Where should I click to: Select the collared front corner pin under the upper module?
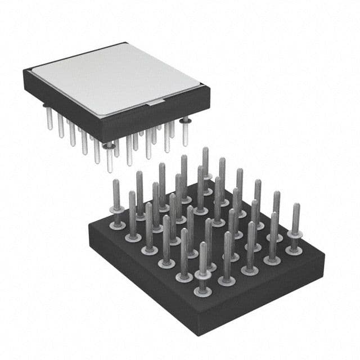[x=109, y=155]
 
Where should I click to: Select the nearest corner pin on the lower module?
[x=202, y=270]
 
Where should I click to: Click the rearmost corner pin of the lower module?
[x=205, y=163]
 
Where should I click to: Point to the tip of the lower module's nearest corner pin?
[x=203, y=245]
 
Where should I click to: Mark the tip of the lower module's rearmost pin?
[x=205, y=150]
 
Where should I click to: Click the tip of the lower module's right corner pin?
[x=296, y=206]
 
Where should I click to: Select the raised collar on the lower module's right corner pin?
[x=295, y=232]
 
